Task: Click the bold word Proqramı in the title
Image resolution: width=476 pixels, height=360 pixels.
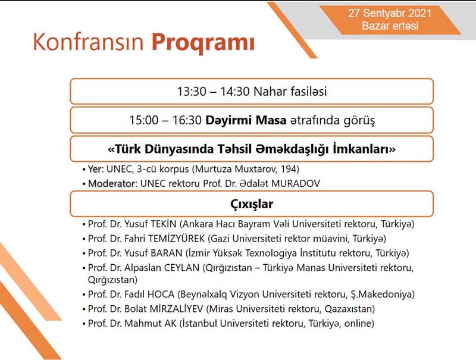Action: coord(203,43)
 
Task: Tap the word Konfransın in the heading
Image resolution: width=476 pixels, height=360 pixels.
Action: coord(88,42)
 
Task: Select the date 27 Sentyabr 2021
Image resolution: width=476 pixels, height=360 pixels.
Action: coord(390,13)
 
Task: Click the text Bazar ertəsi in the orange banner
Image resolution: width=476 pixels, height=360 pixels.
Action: coord(390,26)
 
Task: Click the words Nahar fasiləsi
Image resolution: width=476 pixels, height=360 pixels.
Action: coord(290,92)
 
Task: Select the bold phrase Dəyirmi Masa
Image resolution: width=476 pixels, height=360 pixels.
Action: coord(246,120)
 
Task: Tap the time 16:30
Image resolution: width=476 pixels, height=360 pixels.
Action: coord(187,120)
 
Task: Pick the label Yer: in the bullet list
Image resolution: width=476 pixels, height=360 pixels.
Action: coord(96,169)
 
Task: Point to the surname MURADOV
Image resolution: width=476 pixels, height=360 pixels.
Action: coord(295,184)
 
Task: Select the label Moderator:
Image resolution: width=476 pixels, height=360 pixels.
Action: coord(112,184)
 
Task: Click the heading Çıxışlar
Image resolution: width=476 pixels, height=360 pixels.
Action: coord(252,204)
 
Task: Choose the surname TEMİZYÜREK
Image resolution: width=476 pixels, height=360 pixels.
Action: coord(176,239)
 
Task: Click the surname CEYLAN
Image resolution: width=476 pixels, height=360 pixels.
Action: coord(181,268)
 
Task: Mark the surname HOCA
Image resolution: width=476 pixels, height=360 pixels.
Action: coord(161,294)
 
